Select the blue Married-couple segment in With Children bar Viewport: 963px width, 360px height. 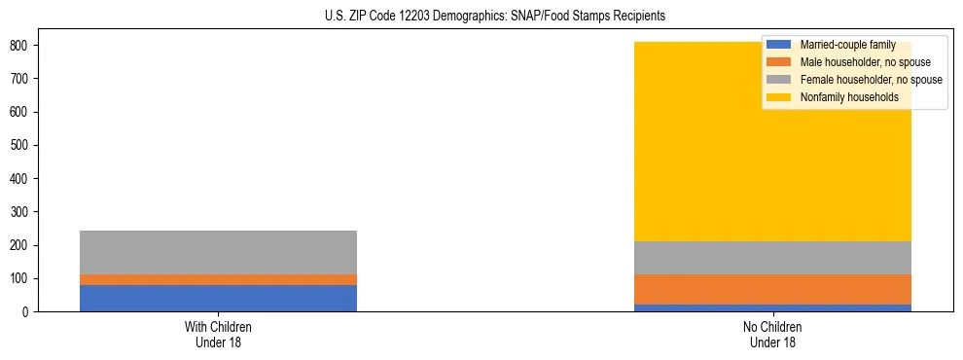[218, 298]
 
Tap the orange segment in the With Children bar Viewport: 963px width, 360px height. [218, 279]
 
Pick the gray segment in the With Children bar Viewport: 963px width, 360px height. [218, 252]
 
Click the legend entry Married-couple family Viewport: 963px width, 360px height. [847, 45]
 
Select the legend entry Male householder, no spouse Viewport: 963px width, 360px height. [865, 62]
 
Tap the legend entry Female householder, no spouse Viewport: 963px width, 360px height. [871, 80]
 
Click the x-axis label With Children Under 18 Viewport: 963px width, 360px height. [218, 334]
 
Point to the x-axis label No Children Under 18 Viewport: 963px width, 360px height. [772, 334]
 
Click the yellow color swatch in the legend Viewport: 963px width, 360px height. [779, 97]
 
